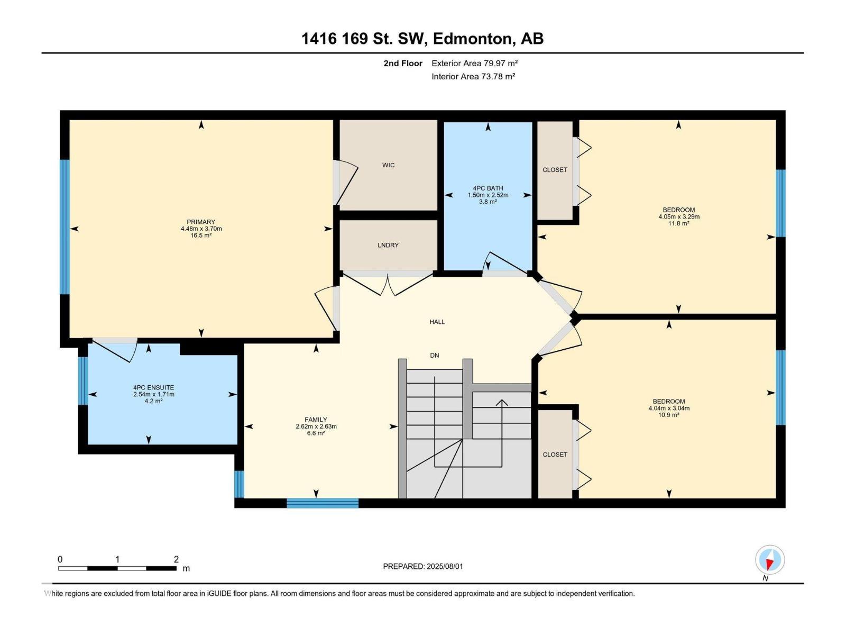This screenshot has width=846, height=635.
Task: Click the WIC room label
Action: (x=388, y=166)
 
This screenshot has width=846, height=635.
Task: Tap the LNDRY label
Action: (x=388, y=245)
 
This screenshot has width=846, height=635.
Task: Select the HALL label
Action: (x=437, y=322)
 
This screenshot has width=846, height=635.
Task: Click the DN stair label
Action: (x=435, y=356)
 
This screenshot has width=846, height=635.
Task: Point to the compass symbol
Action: (x=770, y=560)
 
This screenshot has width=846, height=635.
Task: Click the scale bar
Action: (x=117, y=568)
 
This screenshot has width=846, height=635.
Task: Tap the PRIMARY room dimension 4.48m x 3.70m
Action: (x=201, y=229)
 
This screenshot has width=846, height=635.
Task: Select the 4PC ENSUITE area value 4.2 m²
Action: (x=153, y=401)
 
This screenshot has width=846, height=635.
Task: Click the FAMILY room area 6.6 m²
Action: (x=316, y=433)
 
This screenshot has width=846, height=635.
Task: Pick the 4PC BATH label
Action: (x=488, y=188)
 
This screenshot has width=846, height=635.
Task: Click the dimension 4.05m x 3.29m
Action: (x=679, y=216)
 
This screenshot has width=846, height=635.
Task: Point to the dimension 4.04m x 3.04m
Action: (x=669, y=408)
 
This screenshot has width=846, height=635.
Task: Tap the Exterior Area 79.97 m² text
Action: (x=474, y=63)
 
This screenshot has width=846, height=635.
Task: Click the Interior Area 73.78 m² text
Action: (x=473, y=76)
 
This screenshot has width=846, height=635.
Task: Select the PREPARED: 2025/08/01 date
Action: (x=423, y=566)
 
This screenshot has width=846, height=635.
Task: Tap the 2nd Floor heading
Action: (x=403, y=63)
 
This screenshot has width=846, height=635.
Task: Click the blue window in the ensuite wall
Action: (x=83, y=381)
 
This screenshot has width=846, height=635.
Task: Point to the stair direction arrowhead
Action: (x=501, y=403)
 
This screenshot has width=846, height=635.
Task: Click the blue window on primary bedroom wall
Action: (x=65, y=227)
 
